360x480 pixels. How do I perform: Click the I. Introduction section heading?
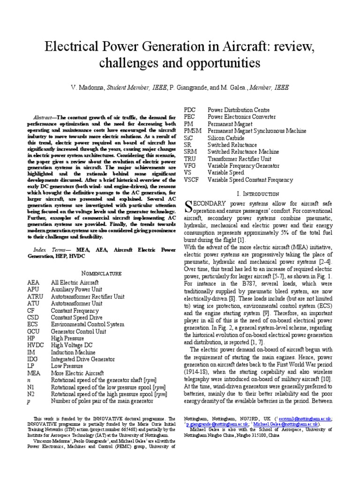coord(259,193)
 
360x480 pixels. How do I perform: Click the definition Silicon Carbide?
coord(226,138)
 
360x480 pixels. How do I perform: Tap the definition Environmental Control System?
coord(88,324)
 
